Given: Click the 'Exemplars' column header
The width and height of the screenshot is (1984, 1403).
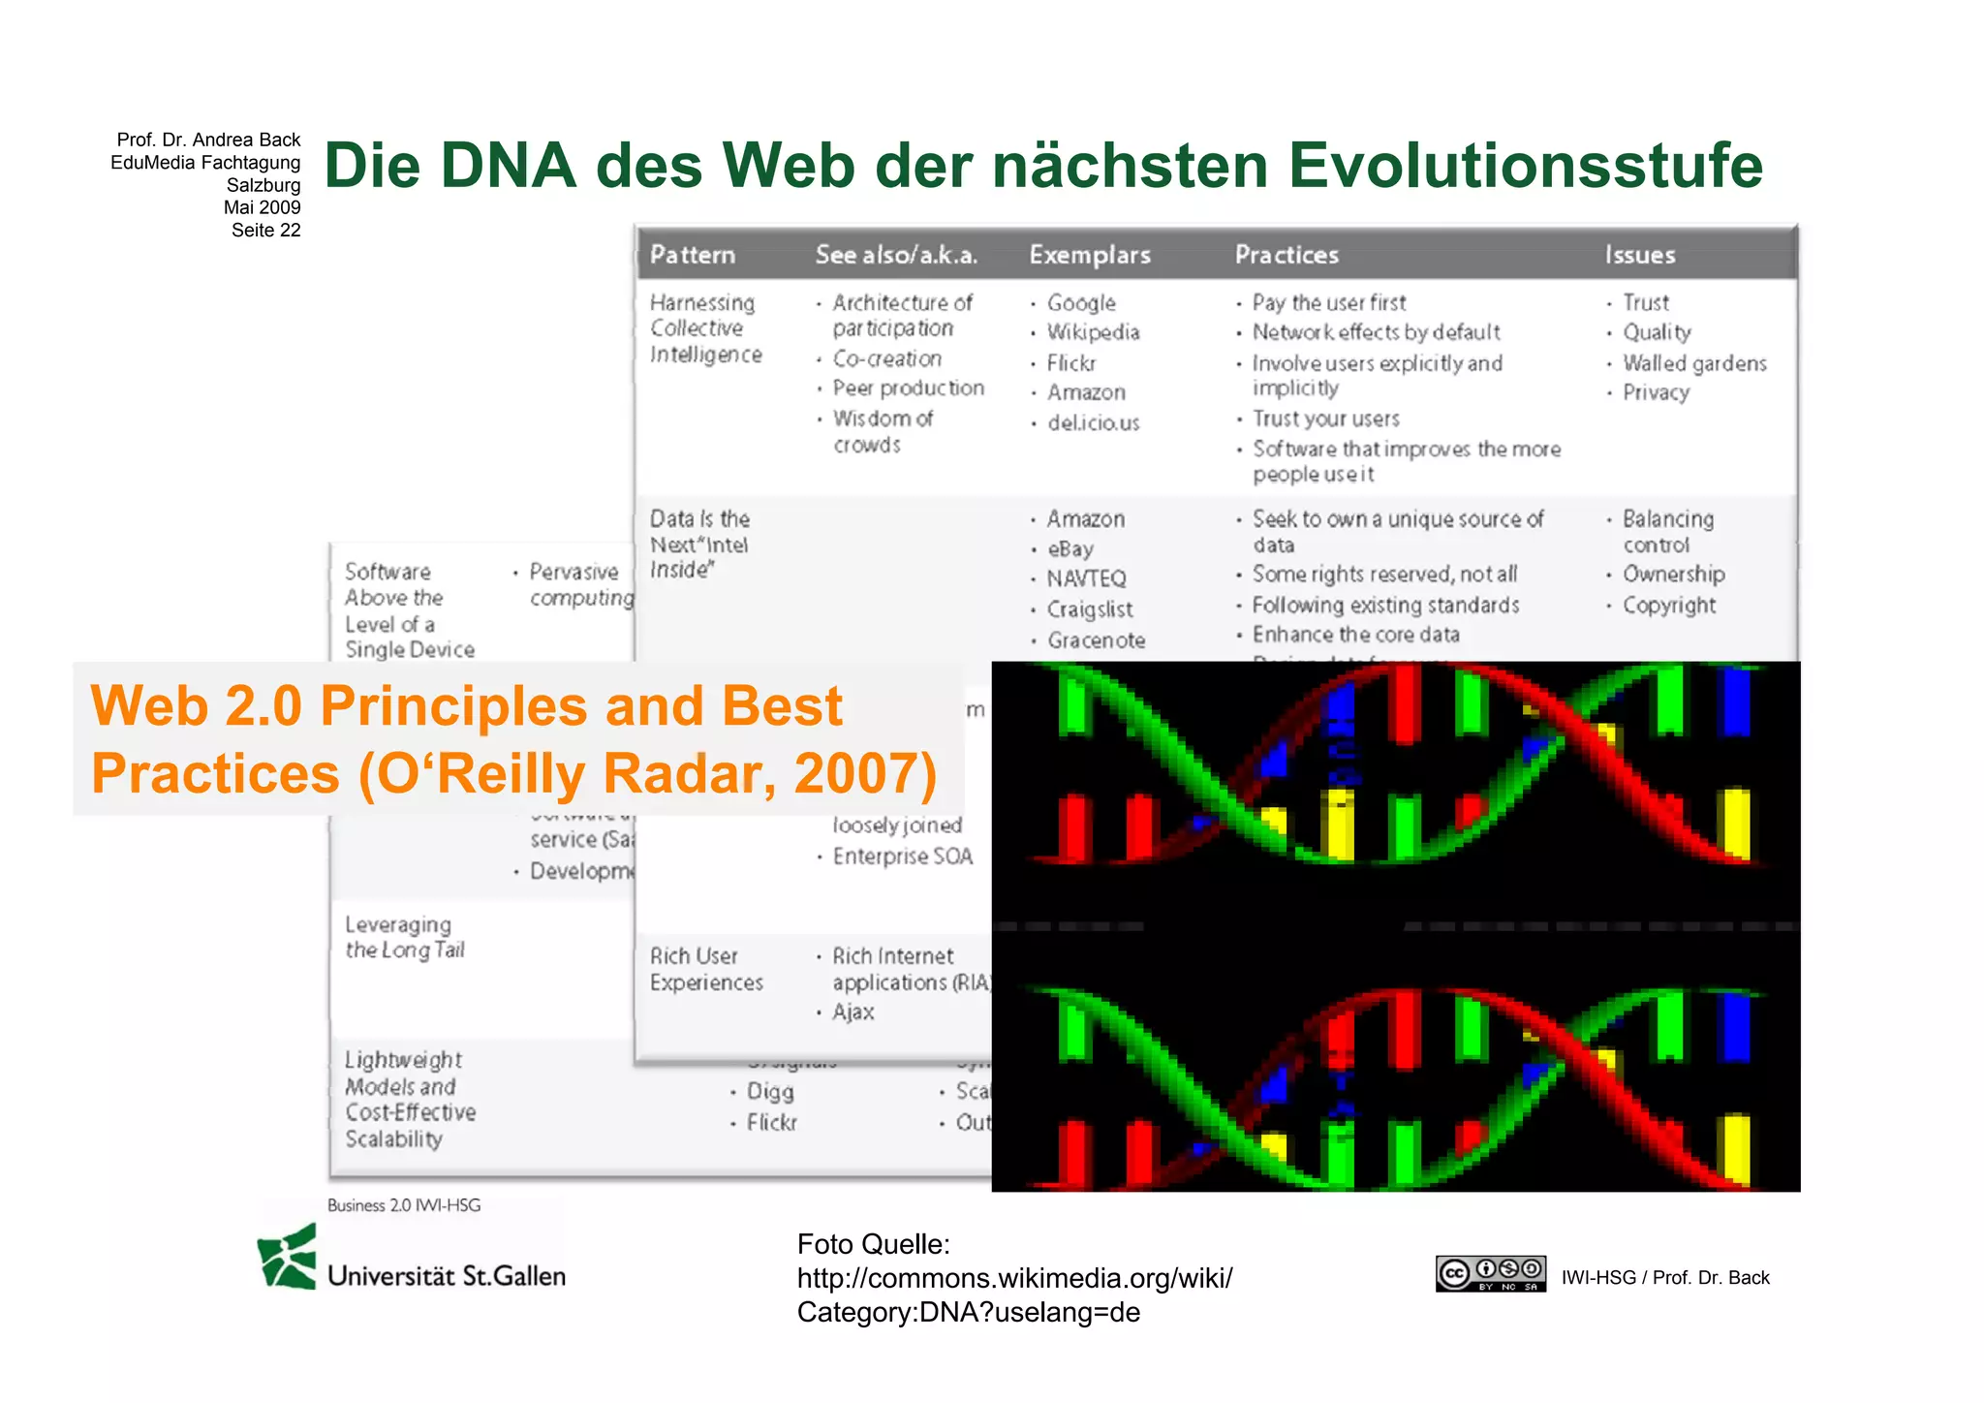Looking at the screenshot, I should pyautogui.click(x=1090, y=255).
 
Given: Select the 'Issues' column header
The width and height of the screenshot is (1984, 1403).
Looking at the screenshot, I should pyautogui.click(x=1639, y=255).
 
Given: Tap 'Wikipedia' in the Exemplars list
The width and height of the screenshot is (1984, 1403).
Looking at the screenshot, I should pyautogui.click(x=1093, y=332).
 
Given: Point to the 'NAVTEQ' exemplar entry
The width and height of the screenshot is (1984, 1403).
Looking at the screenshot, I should pyautogui.click(x=1086, y=578).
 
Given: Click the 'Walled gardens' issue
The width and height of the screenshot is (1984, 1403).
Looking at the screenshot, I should pyautogui.click(x=1694, y=363).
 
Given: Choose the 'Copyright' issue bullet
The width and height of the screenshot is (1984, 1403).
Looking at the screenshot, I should pyautogui.click(x=1669, y=606).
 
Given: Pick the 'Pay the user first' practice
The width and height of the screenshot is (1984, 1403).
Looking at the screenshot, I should pyautogui.click(x=1328, y=302).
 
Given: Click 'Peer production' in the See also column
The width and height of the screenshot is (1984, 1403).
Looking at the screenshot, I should pyautogui.click(x=908, y=388).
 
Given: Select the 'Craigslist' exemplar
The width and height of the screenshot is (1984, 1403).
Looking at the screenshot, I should pyautogui.click(x=1089, y=609).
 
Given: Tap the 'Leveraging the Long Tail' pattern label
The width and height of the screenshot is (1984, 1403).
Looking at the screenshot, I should pyautogui.click(x=405, y=937).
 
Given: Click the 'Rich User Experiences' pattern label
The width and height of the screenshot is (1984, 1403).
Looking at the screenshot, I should pyautogui.click(x=706, y=969).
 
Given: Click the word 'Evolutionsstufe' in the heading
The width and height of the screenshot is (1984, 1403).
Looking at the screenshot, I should pyautogui.click(x=1525, y=165).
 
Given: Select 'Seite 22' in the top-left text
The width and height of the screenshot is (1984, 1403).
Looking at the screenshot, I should pyautogui.click(x=265, y=230).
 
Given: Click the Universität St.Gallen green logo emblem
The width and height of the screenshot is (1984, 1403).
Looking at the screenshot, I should pyautogui.click(x=288, y=1257).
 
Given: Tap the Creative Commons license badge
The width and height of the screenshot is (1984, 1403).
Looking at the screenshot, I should pyautogui.click(x=1490, y=1273).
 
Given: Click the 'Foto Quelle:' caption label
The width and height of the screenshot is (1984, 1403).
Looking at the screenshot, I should pyautogui.click(x=873, y=1244).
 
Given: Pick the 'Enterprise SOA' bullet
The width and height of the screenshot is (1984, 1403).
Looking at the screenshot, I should pyautogui.click(x=902, y=857).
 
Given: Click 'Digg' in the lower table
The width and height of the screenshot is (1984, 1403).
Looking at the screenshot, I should pyautogui.click(x=770, y=1092).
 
